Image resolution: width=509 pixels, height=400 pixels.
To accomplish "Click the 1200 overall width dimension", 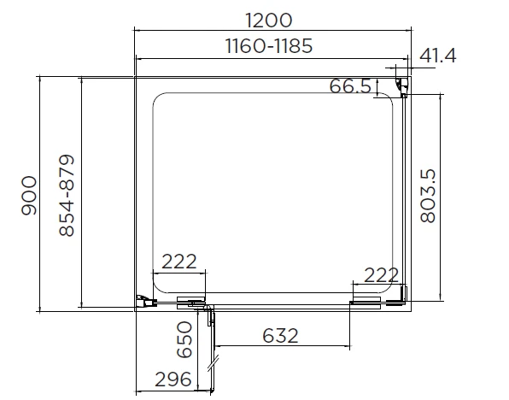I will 270,19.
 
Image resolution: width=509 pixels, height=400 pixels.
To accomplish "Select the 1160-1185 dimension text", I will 270,46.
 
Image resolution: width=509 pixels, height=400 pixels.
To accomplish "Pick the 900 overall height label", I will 29,195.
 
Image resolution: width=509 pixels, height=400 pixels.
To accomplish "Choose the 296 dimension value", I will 173,379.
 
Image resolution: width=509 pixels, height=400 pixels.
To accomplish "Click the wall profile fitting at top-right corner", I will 401,86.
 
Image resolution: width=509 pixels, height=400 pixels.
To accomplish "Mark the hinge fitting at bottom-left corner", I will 146,299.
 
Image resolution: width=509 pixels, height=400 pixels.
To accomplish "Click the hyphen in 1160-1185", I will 270,47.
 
